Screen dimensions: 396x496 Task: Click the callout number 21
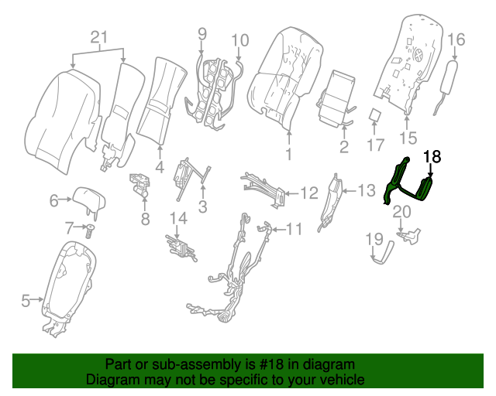[97, 36]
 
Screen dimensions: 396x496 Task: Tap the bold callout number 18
[431, 156]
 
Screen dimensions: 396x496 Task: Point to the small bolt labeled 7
[91, 230]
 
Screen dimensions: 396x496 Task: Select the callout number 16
[456, 39]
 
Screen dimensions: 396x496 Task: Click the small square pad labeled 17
[375, 116]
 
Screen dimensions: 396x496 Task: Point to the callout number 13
[366, 189]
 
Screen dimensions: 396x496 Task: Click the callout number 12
[308, 192]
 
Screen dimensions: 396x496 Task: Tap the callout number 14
[179, 219]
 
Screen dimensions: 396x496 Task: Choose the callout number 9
[202, 33]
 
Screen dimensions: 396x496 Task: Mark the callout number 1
[288, 155]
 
